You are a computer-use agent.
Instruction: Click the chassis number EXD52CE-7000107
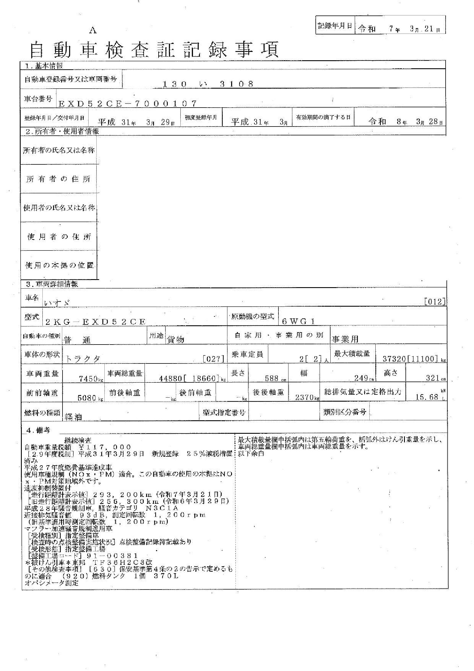(128, 103)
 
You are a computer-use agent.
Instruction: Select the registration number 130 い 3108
(208, 84)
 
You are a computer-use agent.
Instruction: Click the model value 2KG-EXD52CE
(95, 322)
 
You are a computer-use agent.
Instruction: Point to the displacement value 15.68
(427, 396)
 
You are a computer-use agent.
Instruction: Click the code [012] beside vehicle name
(435, 301)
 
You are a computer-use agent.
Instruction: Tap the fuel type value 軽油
(73, 417)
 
